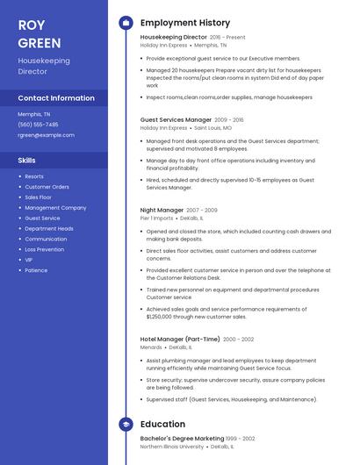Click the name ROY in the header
32,25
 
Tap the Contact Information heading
56,98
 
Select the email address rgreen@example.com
46,135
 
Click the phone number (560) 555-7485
38,125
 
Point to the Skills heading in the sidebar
27,161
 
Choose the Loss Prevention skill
44,249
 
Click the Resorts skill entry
33,176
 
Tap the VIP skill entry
28,260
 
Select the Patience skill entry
36,270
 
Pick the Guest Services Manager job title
176,119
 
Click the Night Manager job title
162,211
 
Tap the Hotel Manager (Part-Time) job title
179,339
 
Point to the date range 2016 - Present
227,38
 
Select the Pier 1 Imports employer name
157,218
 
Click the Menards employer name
151,347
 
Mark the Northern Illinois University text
171,447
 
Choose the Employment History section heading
184,23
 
